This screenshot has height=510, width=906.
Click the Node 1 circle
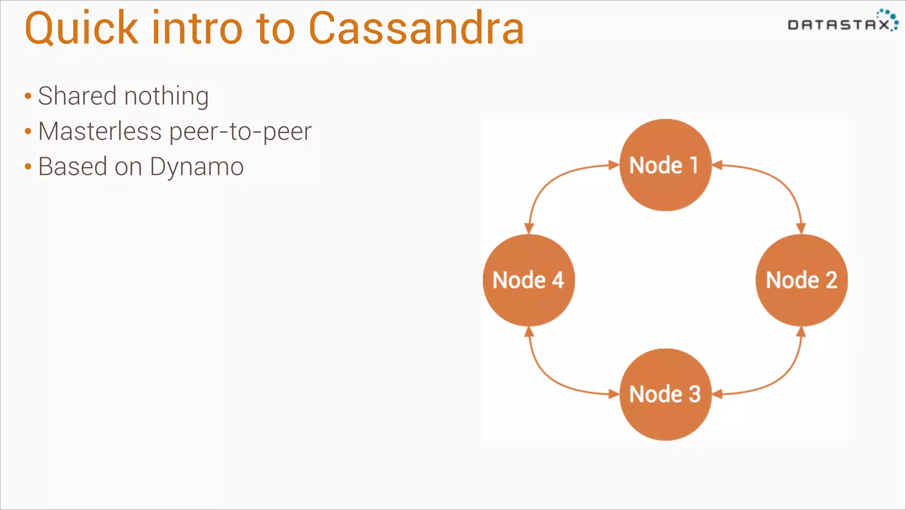665,165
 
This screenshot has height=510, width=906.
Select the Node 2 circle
801,280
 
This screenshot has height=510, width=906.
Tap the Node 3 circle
665,394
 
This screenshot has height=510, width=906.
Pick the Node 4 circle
529,280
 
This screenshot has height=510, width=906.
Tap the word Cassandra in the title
416,28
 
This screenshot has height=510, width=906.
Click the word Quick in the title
81,28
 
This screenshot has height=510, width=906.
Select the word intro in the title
197,28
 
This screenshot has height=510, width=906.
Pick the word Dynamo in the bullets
197,167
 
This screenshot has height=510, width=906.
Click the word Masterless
100,131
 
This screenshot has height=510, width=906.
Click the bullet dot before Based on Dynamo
28,167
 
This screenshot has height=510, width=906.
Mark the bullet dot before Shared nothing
28,96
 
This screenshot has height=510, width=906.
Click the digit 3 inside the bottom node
695,394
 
